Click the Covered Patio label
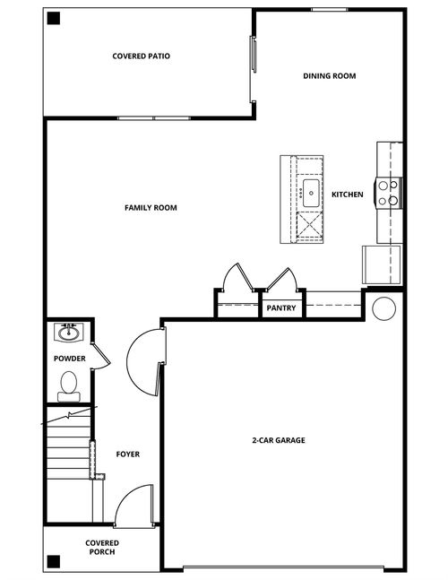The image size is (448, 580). [x=142, y=56]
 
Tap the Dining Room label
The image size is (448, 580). [x=330, y=76]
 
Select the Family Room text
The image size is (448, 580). [x=151, y=208]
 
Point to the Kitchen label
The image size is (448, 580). [x=347, y=195]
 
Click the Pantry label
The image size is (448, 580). [x=281, y=307]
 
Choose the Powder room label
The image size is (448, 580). [x=70, y=359]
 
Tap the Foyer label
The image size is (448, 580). [x=128, y=454]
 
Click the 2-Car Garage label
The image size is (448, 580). [x=279, y=440]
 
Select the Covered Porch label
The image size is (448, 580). [x=102, y=548]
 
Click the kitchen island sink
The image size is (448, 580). [x=311, y=193]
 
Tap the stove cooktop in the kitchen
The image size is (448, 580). [x=388, y=193]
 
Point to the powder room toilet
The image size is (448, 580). [x=69, y=386]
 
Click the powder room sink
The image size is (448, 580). [x=69, y=333]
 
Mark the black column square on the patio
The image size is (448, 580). [x=54, y=18]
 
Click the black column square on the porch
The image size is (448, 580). [x=54, y=561]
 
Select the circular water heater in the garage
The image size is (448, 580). [x=384, y=308]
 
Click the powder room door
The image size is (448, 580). [x=101, y=356]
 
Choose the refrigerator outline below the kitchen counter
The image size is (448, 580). [x=382, y=264]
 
